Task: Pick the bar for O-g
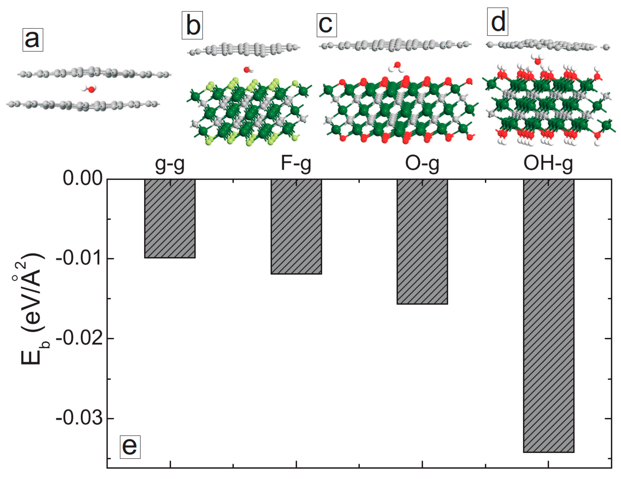click(422, 242)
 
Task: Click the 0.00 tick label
click(82, 179)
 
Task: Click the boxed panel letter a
click(33, 40)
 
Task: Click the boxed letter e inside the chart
click(130, 447)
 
